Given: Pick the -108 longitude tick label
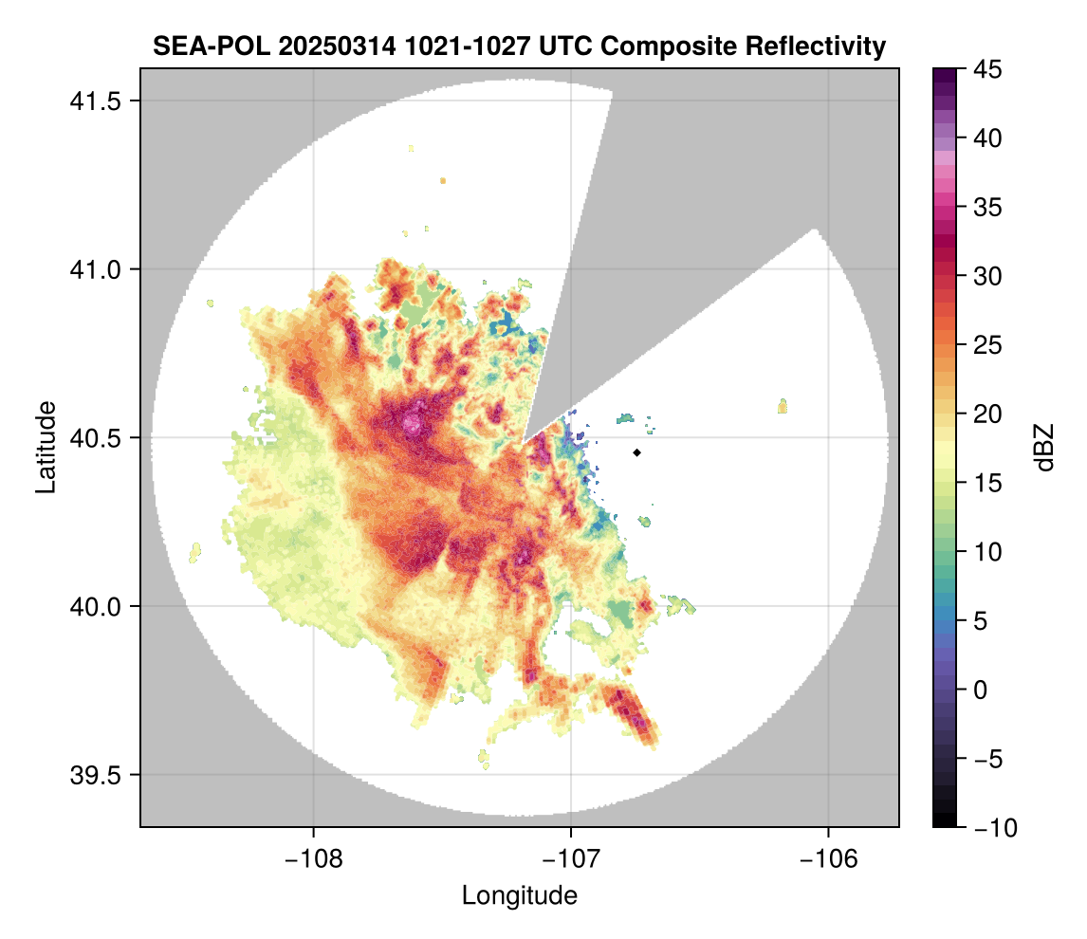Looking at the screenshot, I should tap(312, 858).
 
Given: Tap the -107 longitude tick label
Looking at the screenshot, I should tap(571, 858).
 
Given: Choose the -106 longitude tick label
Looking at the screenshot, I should tap(828, 858).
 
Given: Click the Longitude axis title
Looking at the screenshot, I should tap(519, 894).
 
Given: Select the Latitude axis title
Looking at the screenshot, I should tap(45, 447).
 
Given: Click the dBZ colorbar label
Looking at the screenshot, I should tap(1045, 447).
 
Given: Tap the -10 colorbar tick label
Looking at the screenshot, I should tap(991, 827).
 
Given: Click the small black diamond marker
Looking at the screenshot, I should tap(637, 452).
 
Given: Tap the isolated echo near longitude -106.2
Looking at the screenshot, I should tap(783, 406).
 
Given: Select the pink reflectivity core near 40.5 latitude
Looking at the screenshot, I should tap(412, 423).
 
